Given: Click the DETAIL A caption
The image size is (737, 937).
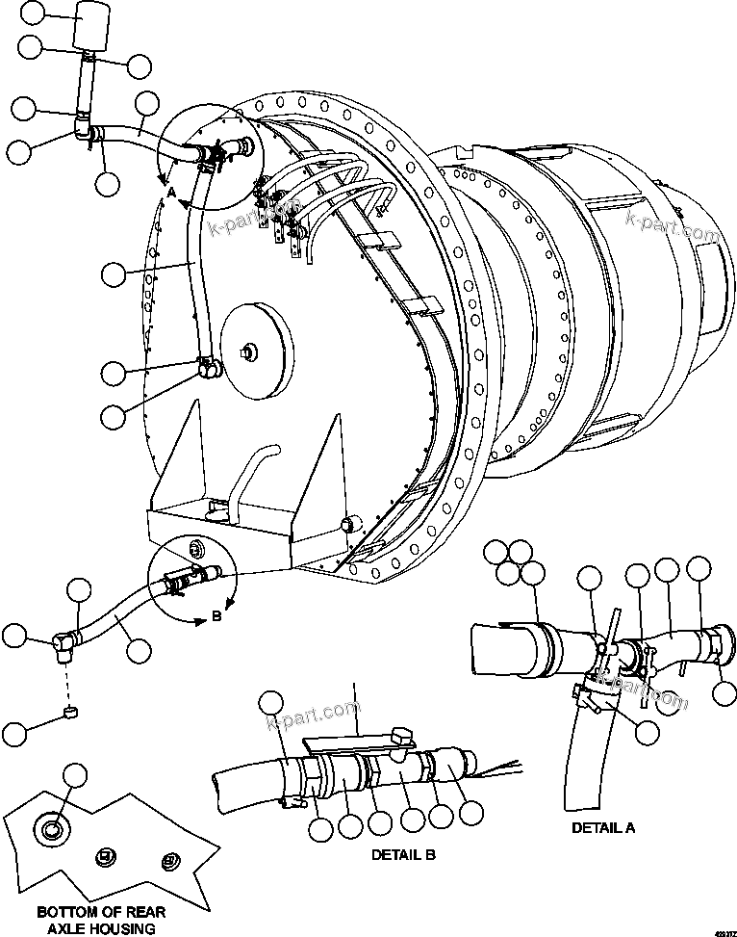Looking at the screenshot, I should tap(603, 827).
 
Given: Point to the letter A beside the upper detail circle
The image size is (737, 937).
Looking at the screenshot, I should tap(170, 193).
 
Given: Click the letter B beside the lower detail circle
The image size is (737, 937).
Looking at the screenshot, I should tap(216, 617).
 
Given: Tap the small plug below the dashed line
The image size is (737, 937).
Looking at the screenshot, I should tap(69, 713).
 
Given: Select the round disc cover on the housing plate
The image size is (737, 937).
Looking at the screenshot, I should tap(255, 352).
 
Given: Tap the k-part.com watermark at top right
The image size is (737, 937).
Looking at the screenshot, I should tap(673, 229).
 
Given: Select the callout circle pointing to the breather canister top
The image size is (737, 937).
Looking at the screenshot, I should tap(33, 13).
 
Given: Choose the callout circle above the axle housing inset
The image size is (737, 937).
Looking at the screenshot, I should tap(74, 773).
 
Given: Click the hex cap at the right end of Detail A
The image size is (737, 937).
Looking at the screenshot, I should tap(721, 641).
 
